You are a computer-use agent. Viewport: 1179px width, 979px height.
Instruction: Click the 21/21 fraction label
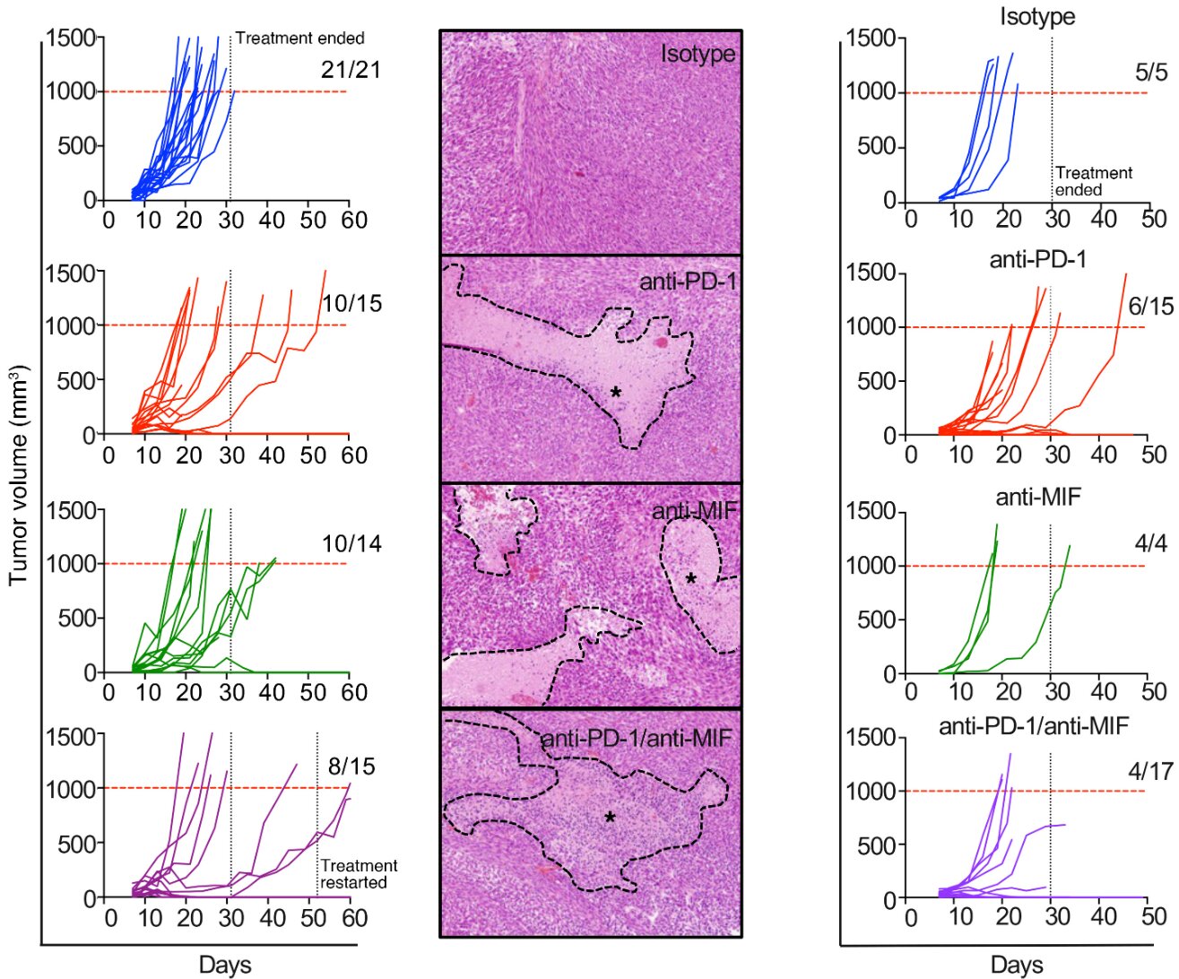click(351, 70)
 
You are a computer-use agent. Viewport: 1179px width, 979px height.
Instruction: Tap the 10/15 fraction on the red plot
click(351, 304)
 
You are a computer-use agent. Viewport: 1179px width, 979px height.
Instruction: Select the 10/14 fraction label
click(351, 543)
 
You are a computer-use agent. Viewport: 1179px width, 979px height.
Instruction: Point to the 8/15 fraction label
click(351, 767)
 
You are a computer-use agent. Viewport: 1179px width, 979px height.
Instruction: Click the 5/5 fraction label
click(1151, 73)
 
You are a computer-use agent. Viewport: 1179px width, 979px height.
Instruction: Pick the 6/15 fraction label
click(1150, 307)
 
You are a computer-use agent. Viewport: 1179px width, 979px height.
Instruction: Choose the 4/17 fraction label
click(1150, 771)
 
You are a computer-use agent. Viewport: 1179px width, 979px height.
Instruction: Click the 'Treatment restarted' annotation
click(359, 874)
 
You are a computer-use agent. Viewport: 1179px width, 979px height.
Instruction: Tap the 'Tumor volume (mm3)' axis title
click(19, 475)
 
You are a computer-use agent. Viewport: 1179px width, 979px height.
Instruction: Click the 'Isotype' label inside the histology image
click(698, 54)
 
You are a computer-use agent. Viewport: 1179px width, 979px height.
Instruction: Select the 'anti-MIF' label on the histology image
click(694, 511)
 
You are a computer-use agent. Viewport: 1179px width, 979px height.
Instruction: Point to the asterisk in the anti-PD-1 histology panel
click(616, 393)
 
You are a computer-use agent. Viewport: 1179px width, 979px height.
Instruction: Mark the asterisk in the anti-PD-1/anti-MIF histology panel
click(610, 818)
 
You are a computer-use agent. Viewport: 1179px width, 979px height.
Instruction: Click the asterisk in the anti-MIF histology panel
click(690, 579)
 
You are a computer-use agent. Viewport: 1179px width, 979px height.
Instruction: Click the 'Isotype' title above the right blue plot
click(1037, 16)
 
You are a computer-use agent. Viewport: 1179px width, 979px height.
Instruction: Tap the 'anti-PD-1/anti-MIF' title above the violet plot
click(1033, 725)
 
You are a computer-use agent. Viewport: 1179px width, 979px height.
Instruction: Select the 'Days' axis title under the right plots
click(1017, 965)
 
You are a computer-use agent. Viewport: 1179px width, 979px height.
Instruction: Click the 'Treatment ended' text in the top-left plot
click(299, 39)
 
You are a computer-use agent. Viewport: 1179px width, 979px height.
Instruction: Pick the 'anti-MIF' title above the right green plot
click(1037, 495)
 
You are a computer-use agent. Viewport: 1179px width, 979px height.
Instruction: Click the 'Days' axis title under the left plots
click(225, 965)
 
